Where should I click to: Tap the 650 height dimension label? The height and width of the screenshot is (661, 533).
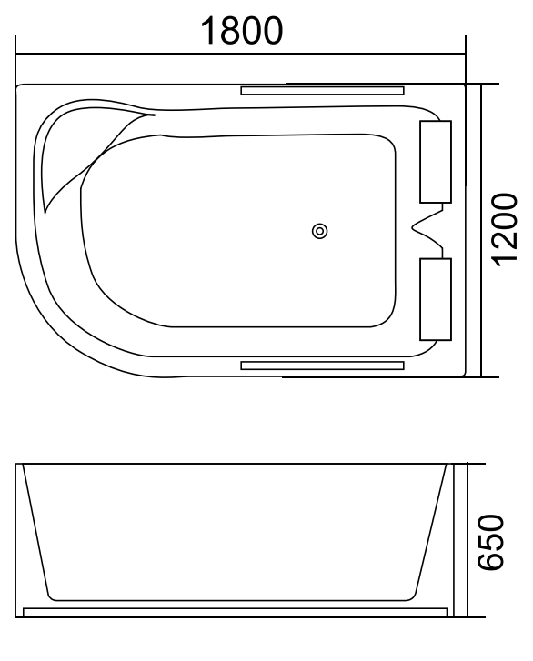490,542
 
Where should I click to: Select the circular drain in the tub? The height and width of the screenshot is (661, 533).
319,232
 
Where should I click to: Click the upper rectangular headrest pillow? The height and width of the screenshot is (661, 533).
435,160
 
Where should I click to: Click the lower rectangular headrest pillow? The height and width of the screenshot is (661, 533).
435,299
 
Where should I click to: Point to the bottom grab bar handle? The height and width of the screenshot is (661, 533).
321,365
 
